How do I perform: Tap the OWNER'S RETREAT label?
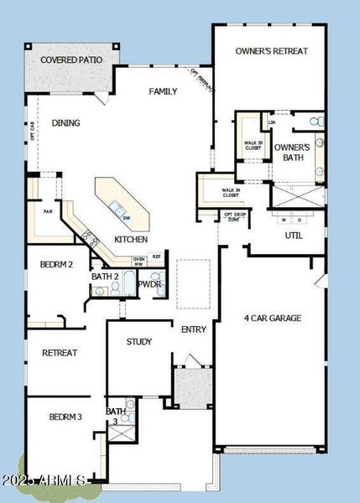[269, 51]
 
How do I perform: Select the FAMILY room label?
[163, 91]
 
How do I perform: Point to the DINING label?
[65, 123]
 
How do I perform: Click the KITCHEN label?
[131, 240]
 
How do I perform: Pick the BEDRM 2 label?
[57, 265]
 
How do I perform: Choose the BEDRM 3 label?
[65, 417]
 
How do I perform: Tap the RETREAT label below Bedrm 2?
[60, 353]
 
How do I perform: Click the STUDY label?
[138, 342]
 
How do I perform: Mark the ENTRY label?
[193, 329]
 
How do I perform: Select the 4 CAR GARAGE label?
[272, 319]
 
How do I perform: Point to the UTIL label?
[294, 236]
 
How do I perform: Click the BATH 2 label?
[104, 276]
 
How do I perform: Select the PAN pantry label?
[49, 212]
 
